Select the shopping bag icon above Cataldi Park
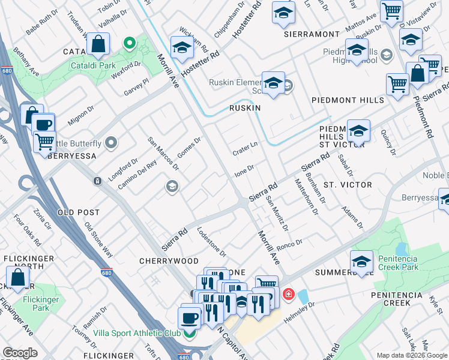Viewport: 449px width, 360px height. (98, 45)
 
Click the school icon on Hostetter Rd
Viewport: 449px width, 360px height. (182, 47)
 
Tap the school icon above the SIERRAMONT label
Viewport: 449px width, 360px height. (283, 13)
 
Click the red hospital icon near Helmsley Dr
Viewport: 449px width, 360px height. (289, 294)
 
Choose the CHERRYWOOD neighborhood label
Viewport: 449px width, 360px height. (169, 261)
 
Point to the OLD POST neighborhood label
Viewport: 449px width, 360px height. (77, 213)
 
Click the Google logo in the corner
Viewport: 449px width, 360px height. (20, 353)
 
